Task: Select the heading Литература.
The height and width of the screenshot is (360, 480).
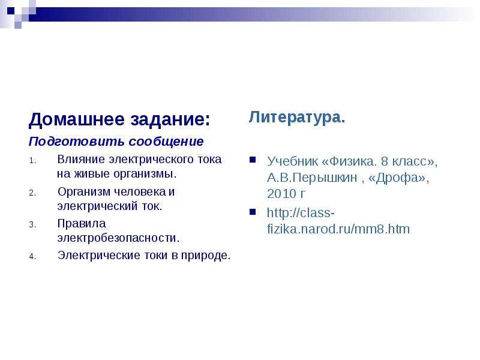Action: (x=297, y=117)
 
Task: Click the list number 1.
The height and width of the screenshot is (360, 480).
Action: (x=32, y=161)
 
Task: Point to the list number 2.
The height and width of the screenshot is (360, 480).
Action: (x=32, y=193)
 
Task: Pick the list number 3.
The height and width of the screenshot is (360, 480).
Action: (x=32, y=224)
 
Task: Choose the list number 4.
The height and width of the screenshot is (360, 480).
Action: (x=32, y=257)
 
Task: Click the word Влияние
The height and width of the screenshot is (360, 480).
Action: (x=81, y=160)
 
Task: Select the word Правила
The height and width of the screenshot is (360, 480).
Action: (x=82, y=223)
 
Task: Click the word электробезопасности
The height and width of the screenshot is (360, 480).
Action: (x=118, y=238)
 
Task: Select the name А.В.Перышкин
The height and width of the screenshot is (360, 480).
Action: (x=312, y=178)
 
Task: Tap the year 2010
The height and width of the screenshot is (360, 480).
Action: (x=281, y=194)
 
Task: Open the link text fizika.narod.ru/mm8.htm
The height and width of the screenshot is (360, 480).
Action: (x=338, y=229)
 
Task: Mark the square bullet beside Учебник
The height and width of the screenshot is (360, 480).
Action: (x=253, y=160)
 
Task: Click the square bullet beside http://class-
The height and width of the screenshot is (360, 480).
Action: (x=253, y=212)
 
